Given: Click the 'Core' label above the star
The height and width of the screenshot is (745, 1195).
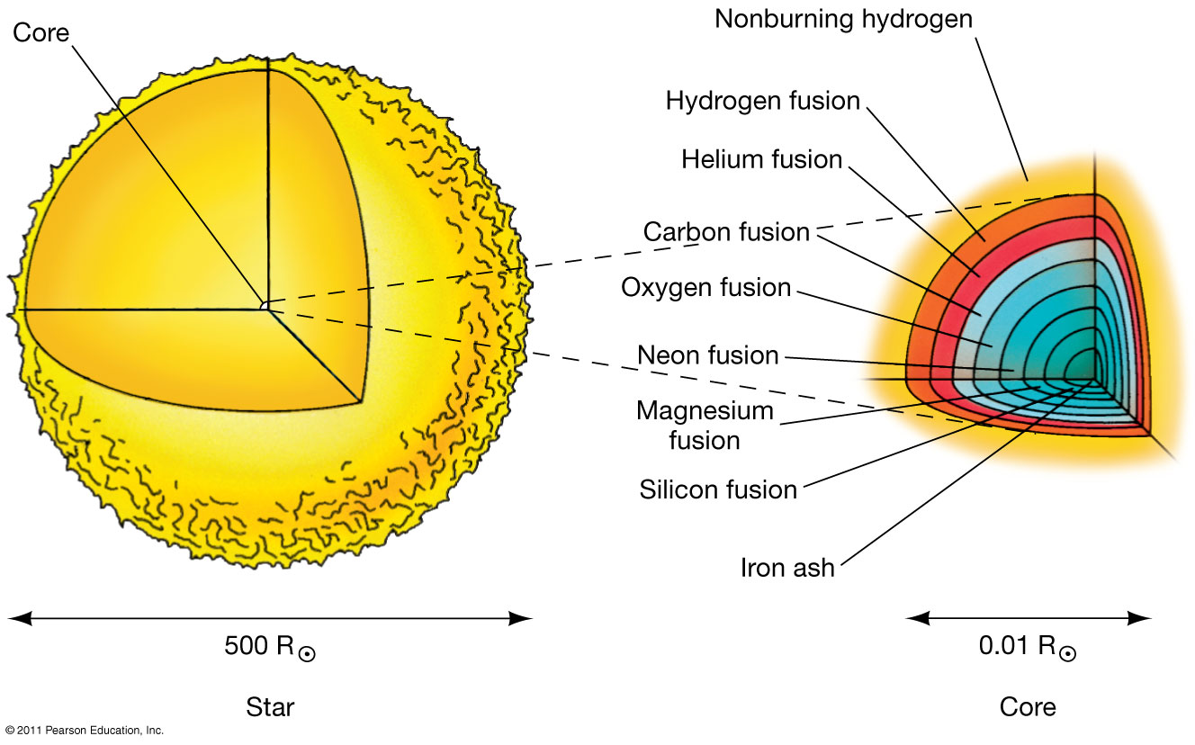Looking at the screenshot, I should click(x=40, y=33).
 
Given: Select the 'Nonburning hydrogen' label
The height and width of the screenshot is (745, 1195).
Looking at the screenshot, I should click(x=843, y=19).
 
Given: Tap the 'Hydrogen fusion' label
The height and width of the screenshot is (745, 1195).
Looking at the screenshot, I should click(x=763, y=101).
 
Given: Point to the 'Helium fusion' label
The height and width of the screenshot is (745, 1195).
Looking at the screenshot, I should click(x=761, y=160).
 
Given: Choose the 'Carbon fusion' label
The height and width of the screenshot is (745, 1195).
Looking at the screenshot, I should click(x=726, y=231).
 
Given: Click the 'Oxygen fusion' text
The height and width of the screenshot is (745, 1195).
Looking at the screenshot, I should click(x=706, y=288).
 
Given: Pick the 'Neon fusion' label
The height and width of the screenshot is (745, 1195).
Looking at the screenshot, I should click(x=707, y=355).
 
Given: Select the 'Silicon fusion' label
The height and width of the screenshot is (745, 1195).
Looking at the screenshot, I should click(x=718, y=489).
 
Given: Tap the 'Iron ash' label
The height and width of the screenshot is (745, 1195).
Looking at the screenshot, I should click(x=787, y=568).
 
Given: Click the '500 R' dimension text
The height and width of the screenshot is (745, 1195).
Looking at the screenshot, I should click(x=259, y=646).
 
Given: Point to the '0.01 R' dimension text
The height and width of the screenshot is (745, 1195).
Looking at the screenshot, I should click(x=1016, y=646).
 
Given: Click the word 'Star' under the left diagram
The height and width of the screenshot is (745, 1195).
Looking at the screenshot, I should click(x=270, y=707).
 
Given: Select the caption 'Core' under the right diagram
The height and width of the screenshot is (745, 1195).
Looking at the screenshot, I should click(x=1028, y=707).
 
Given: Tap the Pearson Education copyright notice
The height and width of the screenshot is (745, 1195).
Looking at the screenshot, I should click(x=83, y=731).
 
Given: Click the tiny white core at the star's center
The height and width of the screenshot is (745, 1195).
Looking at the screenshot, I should click(x=265, y=307).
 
